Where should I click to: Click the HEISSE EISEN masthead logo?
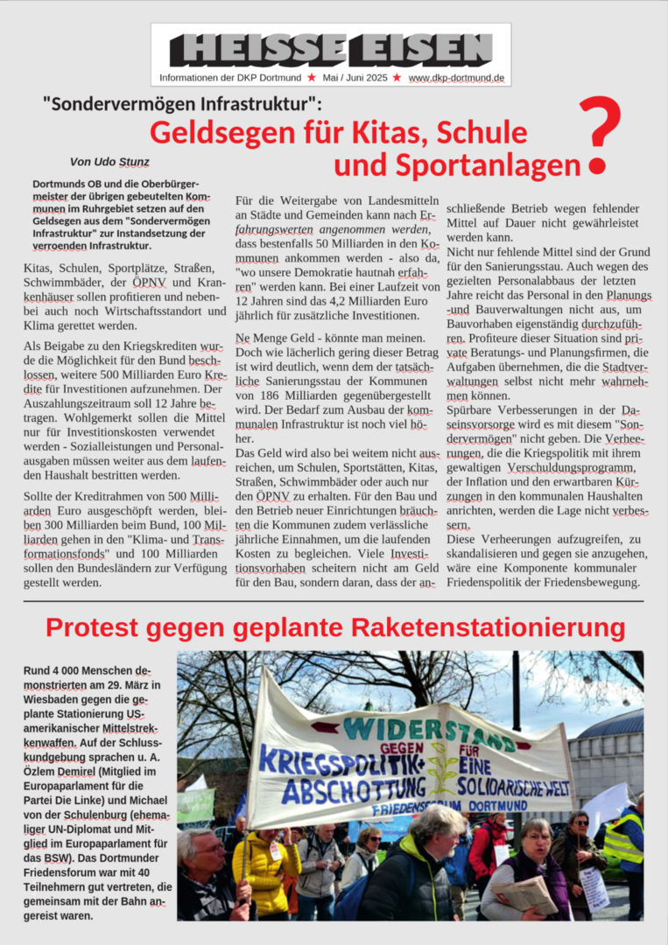click(331, 49)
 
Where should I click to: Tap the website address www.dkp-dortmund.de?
click(456, 78)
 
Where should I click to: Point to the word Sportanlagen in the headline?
click(482, 164)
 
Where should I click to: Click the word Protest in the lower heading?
click(95, 627)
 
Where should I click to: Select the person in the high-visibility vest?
click(625, 844)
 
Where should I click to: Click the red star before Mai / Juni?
click(312, 78)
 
